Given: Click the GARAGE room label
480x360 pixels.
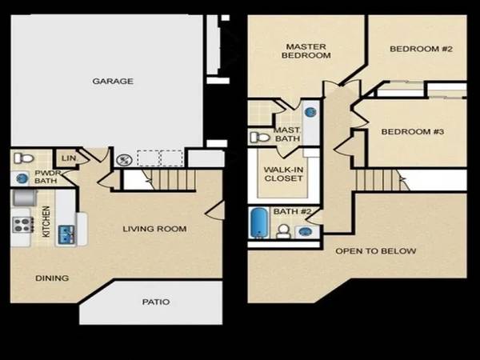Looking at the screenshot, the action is pyautogui.click(x=113, y=81).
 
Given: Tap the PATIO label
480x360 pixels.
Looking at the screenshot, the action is pyautogui.click(x=156, y=302).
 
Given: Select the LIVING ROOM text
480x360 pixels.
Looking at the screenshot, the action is pyautogui.click(x=154, y=229).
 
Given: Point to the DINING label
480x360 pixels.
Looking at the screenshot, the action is pyautogui.click(x=52, y=278).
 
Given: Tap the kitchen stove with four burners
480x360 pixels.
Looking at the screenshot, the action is pyautogui.click(x=22, y=224).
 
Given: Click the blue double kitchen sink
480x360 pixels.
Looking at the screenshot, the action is pyautogui.click(x=66, y=233).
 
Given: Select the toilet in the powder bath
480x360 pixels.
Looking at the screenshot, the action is pyautogui.click(x=23, y=158).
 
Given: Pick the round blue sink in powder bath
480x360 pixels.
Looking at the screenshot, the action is pyautogui.click(x=22, y=178).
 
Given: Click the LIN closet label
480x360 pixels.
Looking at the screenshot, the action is pyautogui.click(x=69, y=158).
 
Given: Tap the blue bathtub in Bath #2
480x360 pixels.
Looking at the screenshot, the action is pyautogui.click(x=258, y=222).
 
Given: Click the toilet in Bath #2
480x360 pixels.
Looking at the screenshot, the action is pyautogui.click(x=283, y=231).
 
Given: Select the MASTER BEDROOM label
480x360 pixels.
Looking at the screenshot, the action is pyautogui.click(x=306, y=51).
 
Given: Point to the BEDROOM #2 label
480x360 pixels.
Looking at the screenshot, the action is pyautogui.click(x=421, y=49).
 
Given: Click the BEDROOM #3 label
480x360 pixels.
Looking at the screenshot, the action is pyautogui.click(x=412, y=132).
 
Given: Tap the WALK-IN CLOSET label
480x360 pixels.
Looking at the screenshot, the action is pyautogui.click(x=283, y=174).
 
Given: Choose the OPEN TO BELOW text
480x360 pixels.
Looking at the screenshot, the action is pyautogui.click(x=376, y=251).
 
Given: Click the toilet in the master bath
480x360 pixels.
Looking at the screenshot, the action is pyautogui.click(x=260, y=137).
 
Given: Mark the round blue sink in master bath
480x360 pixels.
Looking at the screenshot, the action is pyautogui.click(x=310, y=112).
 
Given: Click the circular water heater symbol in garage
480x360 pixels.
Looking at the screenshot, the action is pyautogui.click(x=124, y=159).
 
